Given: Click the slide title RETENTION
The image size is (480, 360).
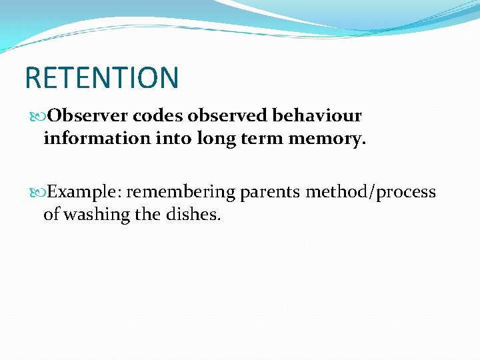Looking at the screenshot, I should click(101, 77).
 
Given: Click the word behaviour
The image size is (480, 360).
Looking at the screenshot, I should click(317, 116).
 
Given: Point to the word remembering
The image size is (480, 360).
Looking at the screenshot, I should click(181, 193).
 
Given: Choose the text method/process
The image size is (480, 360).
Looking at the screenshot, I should click(371, 193).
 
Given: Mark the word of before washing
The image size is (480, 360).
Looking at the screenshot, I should click(51, 215).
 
